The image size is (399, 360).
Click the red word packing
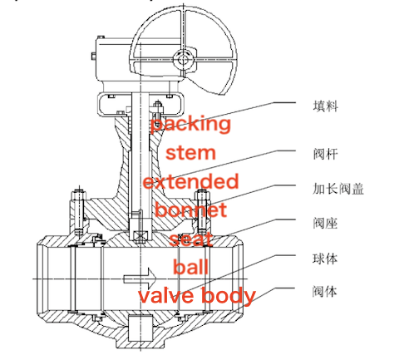(x=190, y=125)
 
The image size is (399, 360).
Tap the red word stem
(x=190, y=153)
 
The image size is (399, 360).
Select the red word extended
(x=190, y=181)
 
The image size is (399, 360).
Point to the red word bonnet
(x=190, y=210)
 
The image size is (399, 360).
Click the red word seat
(x=191, y=239)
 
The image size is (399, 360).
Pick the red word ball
(x=190, y=267)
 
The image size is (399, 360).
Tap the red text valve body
(x=196, y=296)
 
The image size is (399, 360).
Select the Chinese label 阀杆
(x=324, y=152)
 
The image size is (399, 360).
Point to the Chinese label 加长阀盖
(x=335, y=187)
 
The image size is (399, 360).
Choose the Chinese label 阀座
(x=324, y=223)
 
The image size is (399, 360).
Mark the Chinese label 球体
(x=324, y=259)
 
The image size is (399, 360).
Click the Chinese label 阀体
(x=324, y=292)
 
